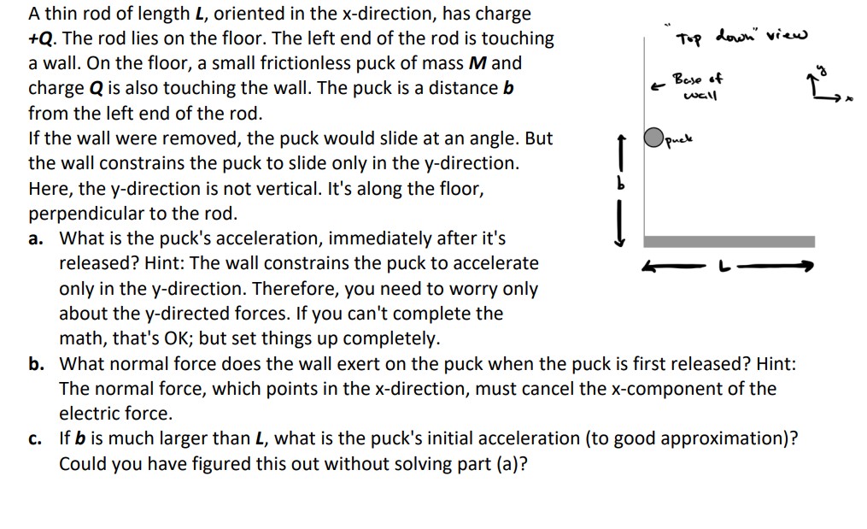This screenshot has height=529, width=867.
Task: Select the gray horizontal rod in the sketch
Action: pos(729,241)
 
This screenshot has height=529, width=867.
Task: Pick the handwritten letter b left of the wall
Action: pos(622,185)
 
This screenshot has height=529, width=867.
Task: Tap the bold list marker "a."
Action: pos(37,238)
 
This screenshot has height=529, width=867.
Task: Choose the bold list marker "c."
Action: pos(36,439)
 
